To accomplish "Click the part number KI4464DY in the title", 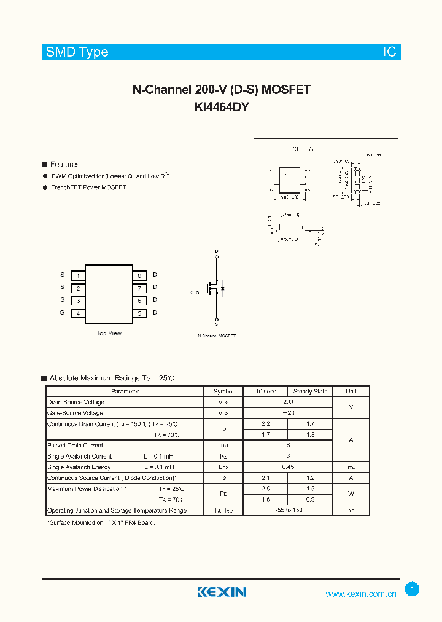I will tap(222, 106).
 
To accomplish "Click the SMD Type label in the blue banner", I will tap(77, 52).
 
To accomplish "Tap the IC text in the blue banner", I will tap(390, 52).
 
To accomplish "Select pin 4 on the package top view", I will tap(78, 313).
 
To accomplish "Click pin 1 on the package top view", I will tap(78, 275).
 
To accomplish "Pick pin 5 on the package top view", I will tap(139, 313).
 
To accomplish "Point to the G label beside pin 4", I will tap(62, 313).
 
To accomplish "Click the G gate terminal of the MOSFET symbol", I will tap(193, 293).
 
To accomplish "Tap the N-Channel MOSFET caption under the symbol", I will tap(217, 336).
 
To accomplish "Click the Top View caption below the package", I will tap(109, 333).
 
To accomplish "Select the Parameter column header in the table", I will tap(125, 392).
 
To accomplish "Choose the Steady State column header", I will tap(310, 392).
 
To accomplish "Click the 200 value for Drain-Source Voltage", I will tap(288, 402).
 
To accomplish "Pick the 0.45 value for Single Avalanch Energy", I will tap(288, 467).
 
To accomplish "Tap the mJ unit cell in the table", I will tap(351, 467).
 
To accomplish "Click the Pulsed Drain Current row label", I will tap(76, 446).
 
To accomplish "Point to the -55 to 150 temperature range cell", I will tap(288, 510).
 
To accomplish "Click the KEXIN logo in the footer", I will tap(222, 592).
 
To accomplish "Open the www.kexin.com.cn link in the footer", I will tap(361, 594).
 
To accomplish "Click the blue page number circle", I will tap(413, 589).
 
